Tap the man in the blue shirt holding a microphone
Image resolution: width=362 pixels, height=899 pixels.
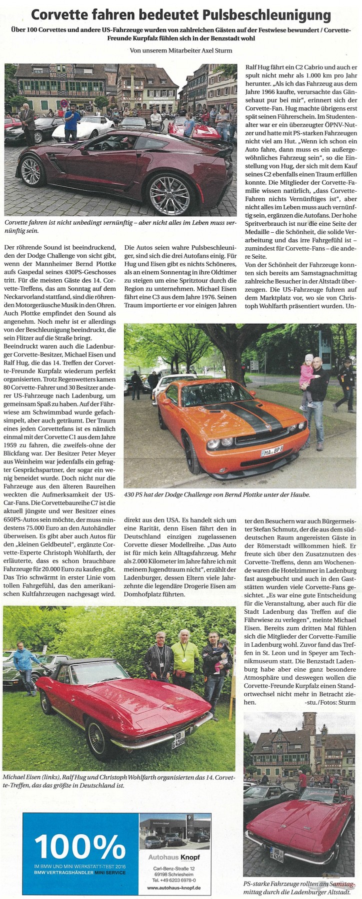tap(71, 122)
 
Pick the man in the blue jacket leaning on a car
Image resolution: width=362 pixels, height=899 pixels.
tap(23, 665)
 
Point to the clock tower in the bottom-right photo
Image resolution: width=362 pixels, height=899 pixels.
tap(309, 727)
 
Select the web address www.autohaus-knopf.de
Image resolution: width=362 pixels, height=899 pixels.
tap(174, 888)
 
